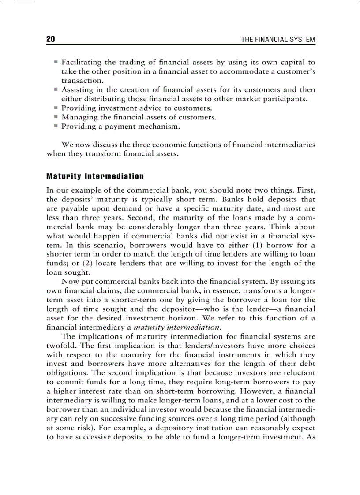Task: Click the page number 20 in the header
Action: coord(51,40)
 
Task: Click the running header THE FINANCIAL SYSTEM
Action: coord(278,40)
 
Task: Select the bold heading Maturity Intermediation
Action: coord(95,176)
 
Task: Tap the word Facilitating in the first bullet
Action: coord(82,62)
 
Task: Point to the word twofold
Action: coord(61,346)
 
